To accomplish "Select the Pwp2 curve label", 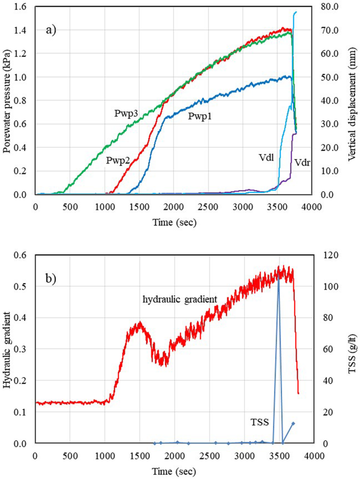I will point(118,160).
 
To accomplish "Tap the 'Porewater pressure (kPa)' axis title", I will point(7,100).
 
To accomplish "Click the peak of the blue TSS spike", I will point(278,279).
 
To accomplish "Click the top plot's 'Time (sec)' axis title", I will point(174,222).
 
